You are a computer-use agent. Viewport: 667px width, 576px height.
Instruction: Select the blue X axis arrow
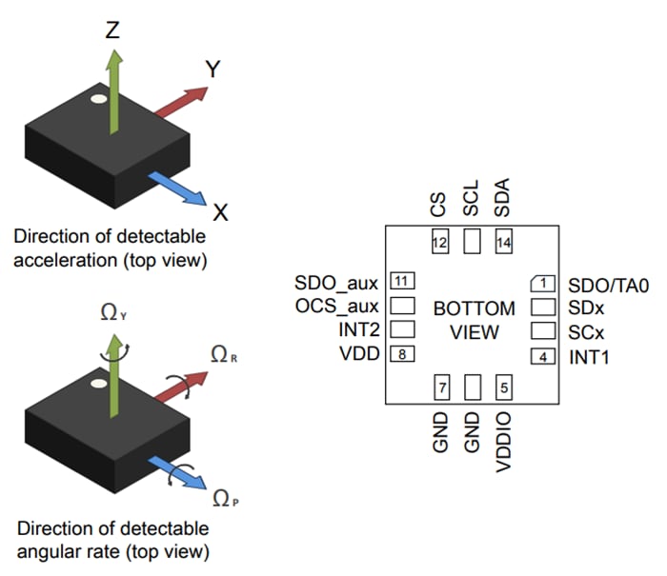coord(181,188)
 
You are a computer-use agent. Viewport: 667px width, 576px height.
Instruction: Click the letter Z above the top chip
coord(112,30)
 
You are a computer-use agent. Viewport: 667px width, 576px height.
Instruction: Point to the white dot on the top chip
coord(98,97)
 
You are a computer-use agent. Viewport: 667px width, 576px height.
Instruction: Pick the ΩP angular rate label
coord(222,496)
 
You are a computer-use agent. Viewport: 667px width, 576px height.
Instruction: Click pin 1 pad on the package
coord(542,283)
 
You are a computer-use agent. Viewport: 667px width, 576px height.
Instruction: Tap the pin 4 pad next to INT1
coord(542,357)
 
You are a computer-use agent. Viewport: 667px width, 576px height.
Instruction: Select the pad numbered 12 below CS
coord(439,243)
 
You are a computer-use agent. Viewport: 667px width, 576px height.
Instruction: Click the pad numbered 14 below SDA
coord(504,243)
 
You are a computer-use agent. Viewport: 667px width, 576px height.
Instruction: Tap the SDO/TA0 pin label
coord(607,284)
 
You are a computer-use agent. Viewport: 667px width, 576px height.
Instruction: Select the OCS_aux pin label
coord(337,307)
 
